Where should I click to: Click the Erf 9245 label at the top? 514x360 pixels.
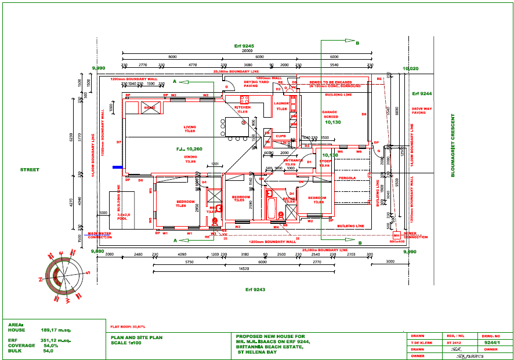coord(244,45)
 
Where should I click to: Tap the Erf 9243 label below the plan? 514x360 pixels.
coord(254,288)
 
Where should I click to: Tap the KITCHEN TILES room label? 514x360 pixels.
coord(242,110)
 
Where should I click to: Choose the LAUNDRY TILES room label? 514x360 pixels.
coord(281,106)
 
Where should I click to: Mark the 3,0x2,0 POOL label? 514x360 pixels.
coord(122,217)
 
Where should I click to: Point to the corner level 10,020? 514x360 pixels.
coord(410,68)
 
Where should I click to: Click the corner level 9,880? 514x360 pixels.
coord(97,251)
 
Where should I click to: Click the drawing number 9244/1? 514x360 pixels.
coord(491,343)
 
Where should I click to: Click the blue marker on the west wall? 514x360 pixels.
coord(117,168)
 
